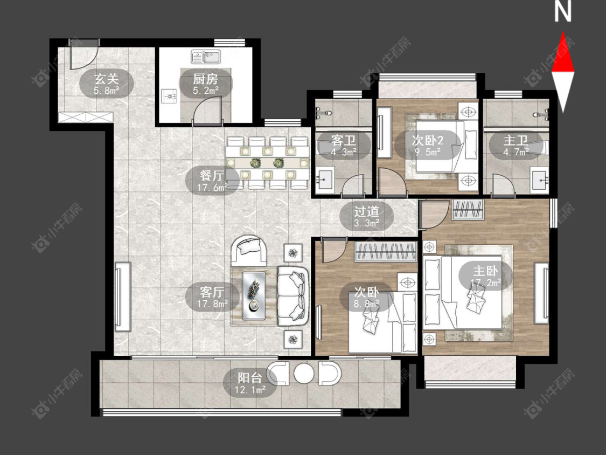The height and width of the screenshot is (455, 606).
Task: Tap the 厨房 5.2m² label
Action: coord(206,85)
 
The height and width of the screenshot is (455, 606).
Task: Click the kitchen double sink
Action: coord(206,57)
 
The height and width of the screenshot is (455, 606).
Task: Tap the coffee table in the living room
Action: coord(254,296)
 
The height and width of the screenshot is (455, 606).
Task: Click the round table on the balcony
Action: coord(304,373)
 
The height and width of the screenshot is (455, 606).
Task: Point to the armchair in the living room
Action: coord(249,250)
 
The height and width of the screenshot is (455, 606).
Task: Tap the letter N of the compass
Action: coord(563,12)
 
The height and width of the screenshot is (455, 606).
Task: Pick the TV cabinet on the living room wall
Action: coord(123,297)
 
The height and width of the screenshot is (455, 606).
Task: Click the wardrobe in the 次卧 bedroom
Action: coord(386,252)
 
